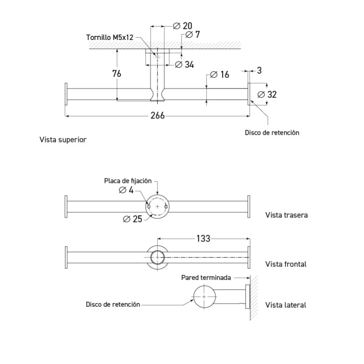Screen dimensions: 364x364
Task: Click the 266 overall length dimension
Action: [x=157, y=116]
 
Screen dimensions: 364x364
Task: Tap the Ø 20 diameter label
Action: [x=182, y=25]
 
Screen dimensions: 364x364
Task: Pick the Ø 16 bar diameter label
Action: [x=220, y=75]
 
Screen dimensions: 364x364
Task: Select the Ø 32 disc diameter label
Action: [x=267, y=95]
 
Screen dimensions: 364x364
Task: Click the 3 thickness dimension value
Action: [x=259, y=71]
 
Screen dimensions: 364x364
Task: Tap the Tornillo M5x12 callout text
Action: [x=110, y=37]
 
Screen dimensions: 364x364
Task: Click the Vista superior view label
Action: [x=63, y=140]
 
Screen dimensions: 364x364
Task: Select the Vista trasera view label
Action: [x=286, y=215]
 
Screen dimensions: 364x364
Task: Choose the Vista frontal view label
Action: [x=286, y=264]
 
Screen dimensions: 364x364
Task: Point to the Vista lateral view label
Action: [x=285, y=305]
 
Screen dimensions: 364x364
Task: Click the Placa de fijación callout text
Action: [x=128, y=181]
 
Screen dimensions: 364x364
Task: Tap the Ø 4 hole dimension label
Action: [x=126, y=190]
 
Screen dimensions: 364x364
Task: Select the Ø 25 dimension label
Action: [x=132, y=218]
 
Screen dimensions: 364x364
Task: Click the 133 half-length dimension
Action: [x=203, y=238]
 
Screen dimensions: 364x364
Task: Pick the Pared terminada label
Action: [x=206, y=277]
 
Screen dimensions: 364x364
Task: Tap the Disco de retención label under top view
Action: [x=272, y=132]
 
